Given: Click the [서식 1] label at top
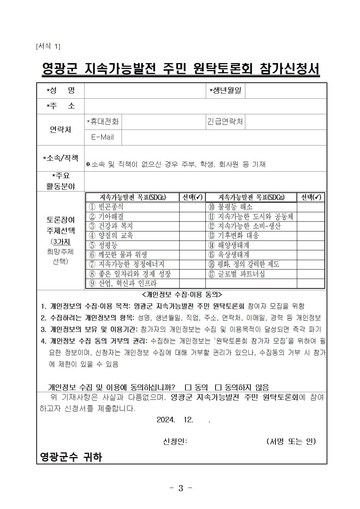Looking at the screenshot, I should pyautogui.click(x=48, y=46).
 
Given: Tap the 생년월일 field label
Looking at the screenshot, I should pyautogui.click(x=225, y=90).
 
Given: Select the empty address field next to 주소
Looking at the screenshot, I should pyautogui.click(x=205, y=106).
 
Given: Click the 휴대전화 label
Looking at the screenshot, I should pyautogui.click(x=103, y=122).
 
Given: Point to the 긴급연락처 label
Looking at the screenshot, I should pyautogui.click(x=225, y=122).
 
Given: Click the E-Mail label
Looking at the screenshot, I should pyautogui.click(x=103, y=137).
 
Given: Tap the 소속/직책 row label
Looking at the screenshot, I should pyautogui.click(x=61, y=158).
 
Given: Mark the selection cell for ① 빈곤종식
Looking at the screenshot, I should pyautogui.click(x=192, y=207).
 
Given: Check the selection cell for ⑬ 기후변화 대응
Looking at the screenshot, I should pyautogui.click(x=311, y=235).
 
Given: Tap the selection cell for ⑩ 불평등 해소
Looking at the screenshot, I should pyautogui.click(x=311, y=207).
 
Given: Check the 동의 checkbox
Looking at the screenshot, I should pyautogui.click(x=188, y=387).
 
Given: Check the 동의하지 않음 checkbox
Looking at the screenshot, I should pyautogui.click(x=218, y=387).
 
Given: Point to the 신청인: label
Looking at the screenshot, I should pyautogui.click(x=175, y=441).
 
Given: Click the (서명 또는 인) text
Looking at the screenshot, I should pyautogui.click(x=291, y=441).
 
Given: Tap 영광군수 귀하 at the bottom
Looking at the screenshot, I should pyautogui.click(x=71, y=456).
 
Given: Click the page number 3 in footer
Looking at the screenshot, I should pyautogui.click(x=180, y=488).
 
